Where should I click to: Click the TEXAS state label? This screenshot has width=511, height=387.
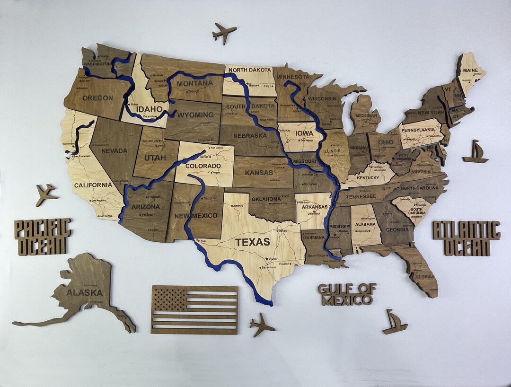pyautogui.click(x=253, y=242)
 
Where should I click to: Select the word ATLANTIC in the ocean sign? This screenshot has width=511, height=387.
pyautogui.click(x=466, y=231)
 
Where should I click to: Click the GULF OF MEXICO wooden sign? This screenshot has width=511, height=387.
pyautogui.click(x=347, y=294)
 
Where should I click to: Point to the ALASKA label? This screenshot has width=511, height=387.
pyautogui.click(x=84, y=293)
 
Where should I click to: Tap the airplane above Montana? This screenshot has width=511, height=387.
pyautogui.click(x=224, y=33)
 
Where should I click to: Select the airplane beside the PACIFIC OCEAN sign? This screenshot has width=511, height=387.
pyautogui.click(x=46, y=194)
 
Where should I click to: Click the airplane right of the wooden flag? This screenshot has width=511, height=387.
pyautogui.click(x=262, y=325)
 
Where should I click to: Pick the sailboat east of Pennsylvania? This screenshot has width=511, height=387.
pyautogui.click(x=475, y=152)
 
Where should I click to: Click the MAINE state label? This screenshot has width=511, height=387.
pyautogui.click(x=470, y=70)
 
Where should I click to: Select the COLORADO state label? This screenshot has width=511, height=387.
pyautogui.click(x=203, y=166)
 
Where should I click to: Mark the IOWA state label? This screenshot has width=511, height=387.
pyautogui.click(x=304, y=133)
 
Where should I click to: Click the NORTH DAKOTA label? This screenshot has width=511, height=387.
pyautogui.click(x=250, y=70)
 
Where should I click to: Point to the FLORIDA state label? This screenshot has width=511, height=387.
pyautogui.click(x=425, y=277)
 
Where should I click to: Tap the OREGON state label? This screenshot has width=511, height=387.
pyautogui.click(x=98, y=98)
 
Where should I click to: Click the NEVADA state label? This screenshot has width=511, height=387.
pyautogui.click(x=114, y=150)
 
